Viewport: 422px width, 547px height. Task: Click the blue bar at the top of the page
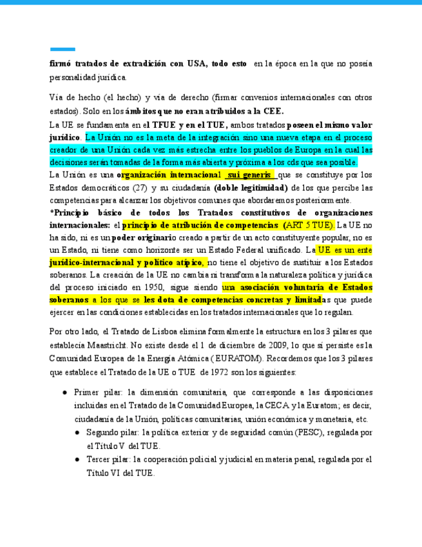coord(62,49)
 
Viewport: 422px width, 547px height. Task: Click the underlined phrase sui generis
coord(249,175)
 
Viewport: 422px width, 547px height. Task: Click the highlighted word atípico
coord(203,263)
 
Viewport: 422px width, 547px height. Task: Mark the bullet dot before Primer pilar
coord(65,392)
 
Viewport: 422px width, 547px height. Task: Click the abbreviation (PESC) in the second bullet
coord(309,433)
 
